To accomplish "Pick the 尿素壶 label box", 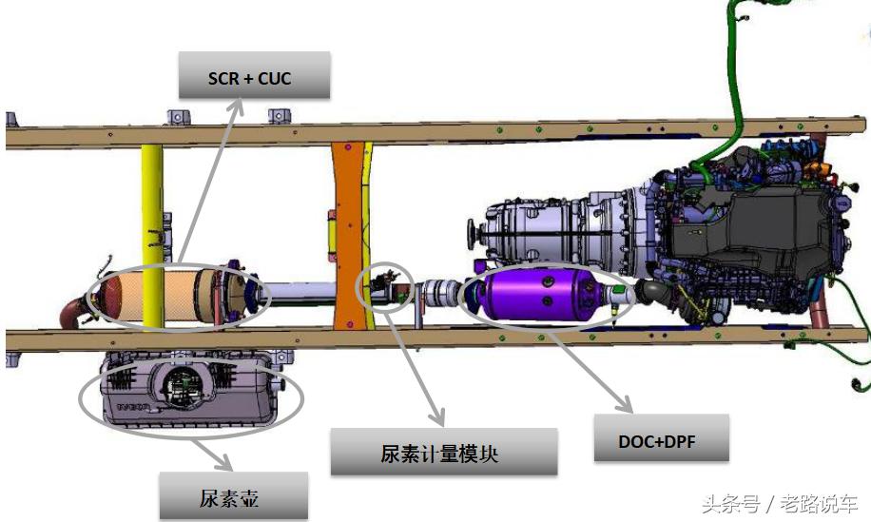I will click(x=234, y=495).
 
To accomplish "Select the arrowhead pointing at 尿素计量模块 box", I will click(x=438, y=419).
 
